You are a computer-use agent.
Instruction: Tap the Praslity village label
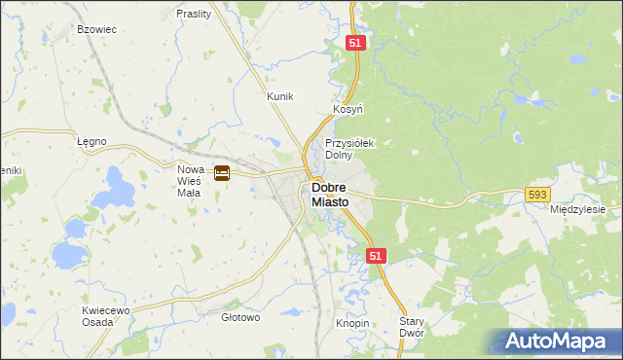[194, 15]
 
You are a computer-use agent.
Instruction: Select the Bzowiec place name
[97, 29]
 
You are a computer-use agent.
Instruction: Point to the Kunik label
[280, 96]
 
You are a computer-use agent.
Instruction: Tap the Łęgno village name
[92, 141]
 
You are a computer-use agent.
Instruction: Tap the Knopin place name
[352, 322]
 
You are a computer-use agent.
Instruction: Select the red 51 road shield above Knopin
[378, 255]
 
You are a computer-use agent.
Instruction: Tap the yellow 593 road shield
[537, 195]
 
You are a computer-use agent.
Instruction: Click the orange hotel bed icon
[222, 173]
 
